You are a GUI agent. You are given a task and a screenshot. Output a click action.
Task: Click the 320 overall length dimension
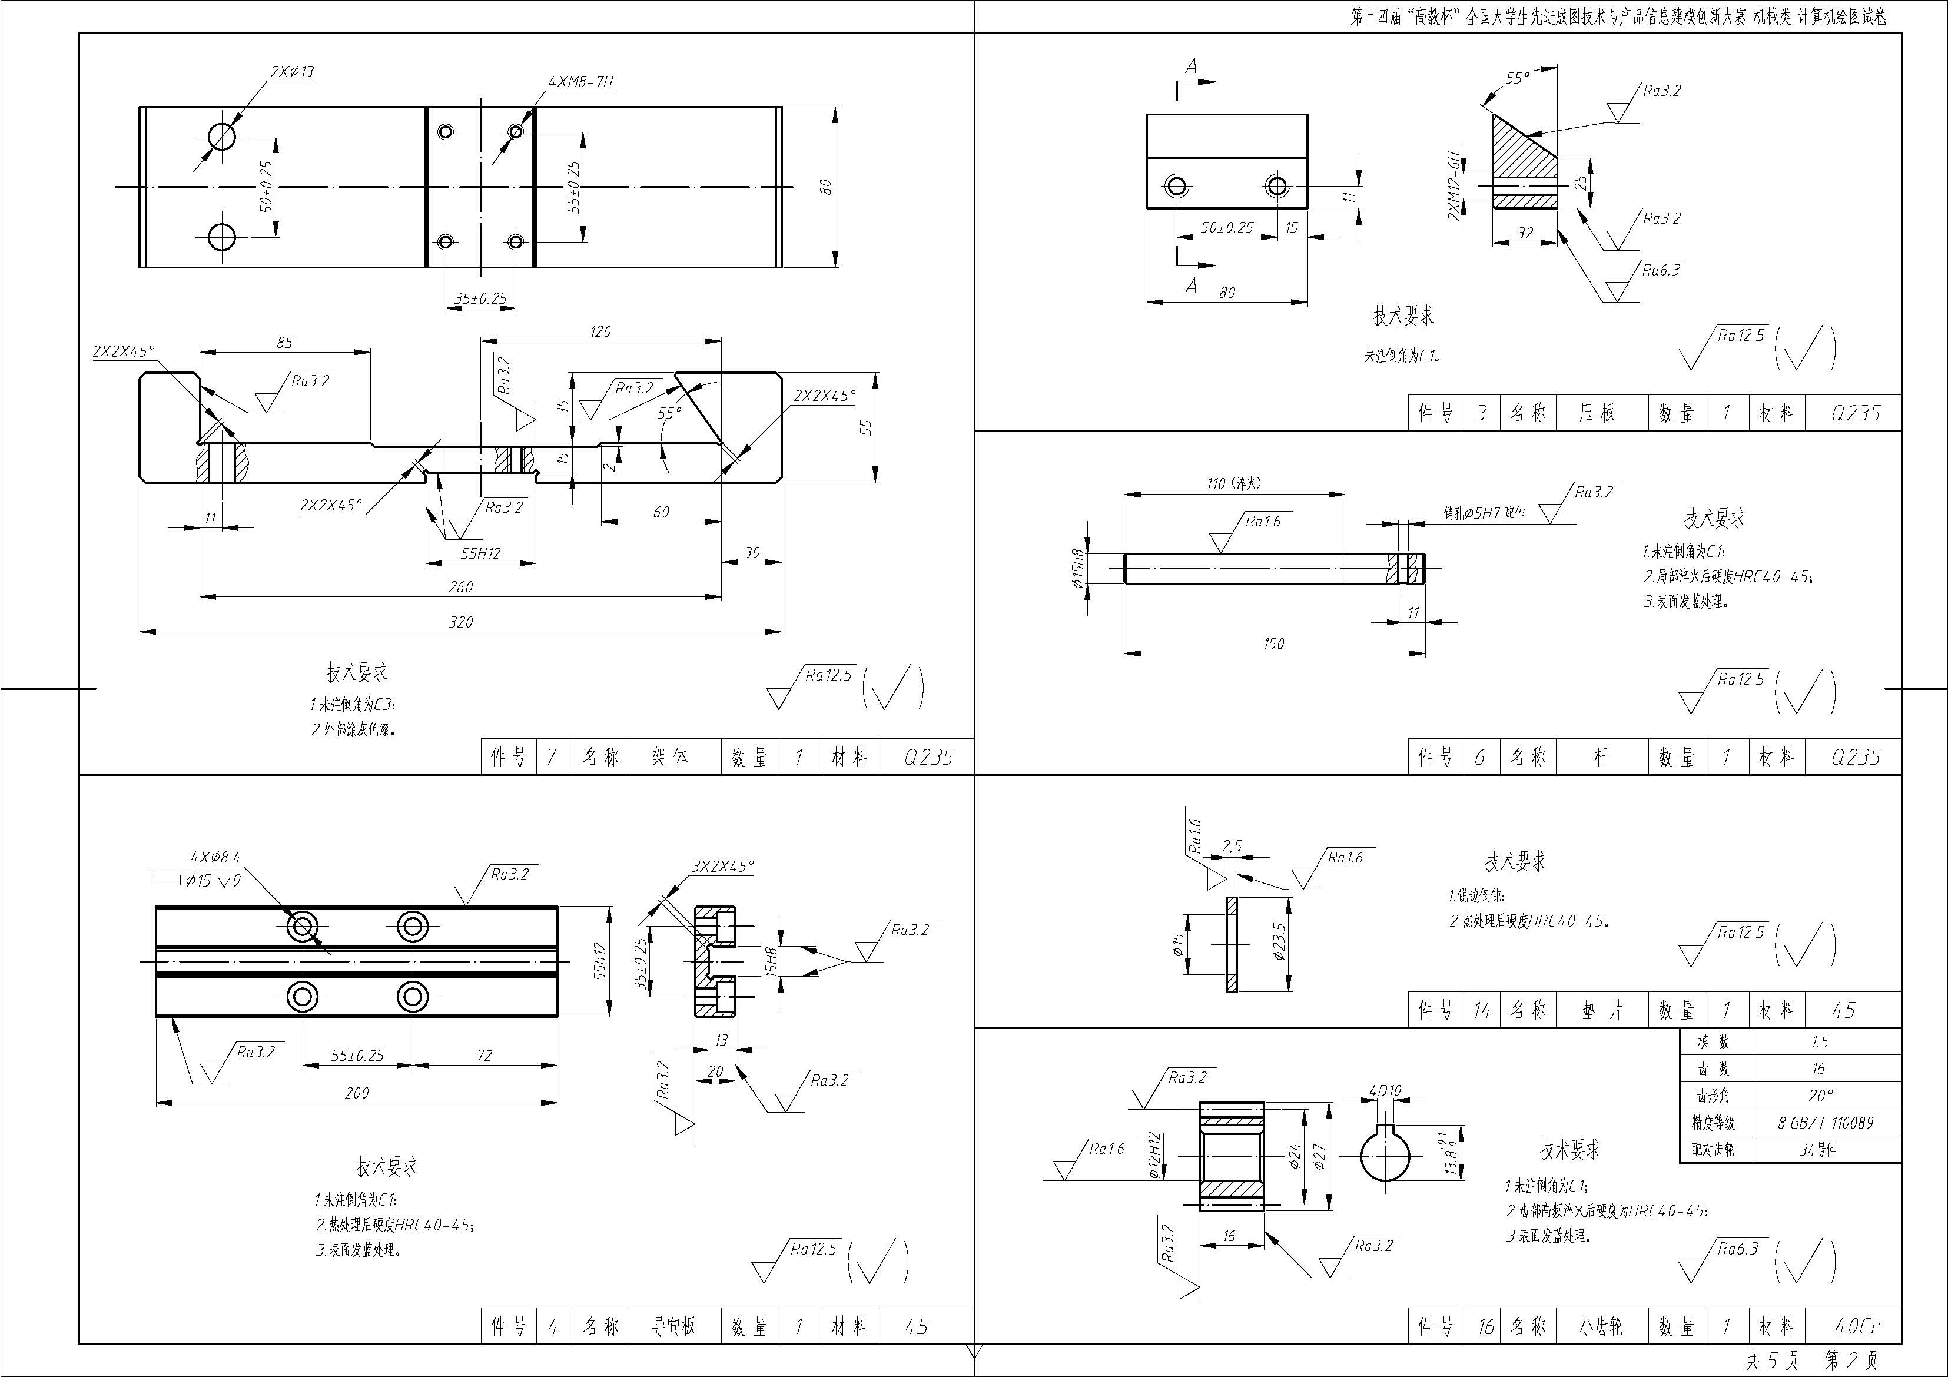pos(461,622)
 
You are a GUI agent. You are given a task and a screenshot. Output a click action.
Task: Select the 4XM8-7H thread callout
pos(581,82)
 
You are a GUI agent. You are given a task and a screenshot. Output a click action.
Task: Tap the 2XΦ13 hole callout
pos(292,72)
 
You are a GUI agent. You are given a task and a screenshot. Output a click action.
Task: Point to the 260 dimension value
pos(461,587)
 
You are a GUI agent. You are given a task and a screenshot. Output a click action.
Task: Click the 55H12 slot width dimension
pos(481,554)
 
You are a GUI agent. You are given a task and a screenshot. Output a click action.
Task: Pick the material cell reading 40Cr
pos(1856,1326)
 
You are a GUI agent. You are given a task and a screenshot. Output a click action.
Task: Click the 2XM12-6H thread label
pos(1454,186)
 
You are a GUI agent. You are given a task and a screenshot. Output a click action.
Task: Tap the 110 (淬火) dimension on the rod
pos(1234,483)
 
